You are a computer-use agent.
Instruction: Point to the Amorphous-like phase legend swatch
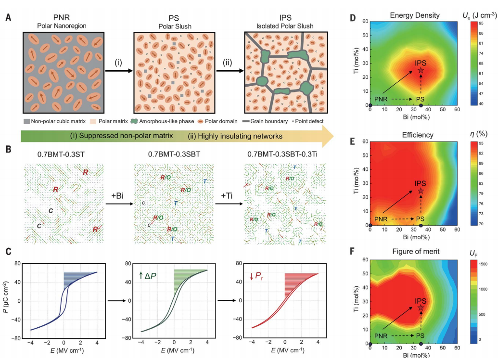click(156, 121)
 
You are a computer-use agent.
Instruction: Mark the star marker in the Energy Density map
click(421, 70)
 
